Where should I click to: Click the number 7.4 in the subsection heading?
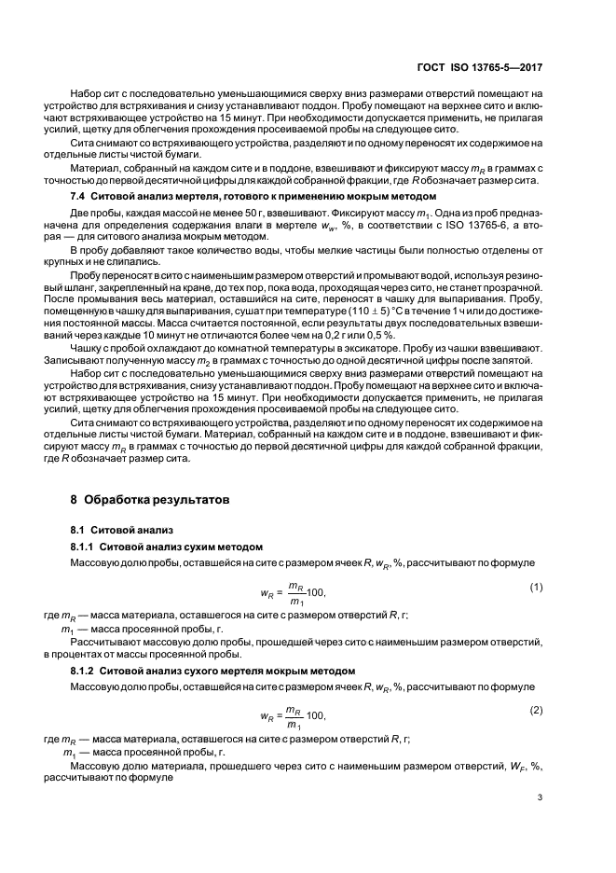pyautogui.click(x=80, y=199)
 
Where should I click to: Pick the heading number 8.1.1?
pyautogui.click(x=83, y=547)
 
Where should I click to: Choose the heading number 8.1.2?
pyautogui.click(x=83, y=671)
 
